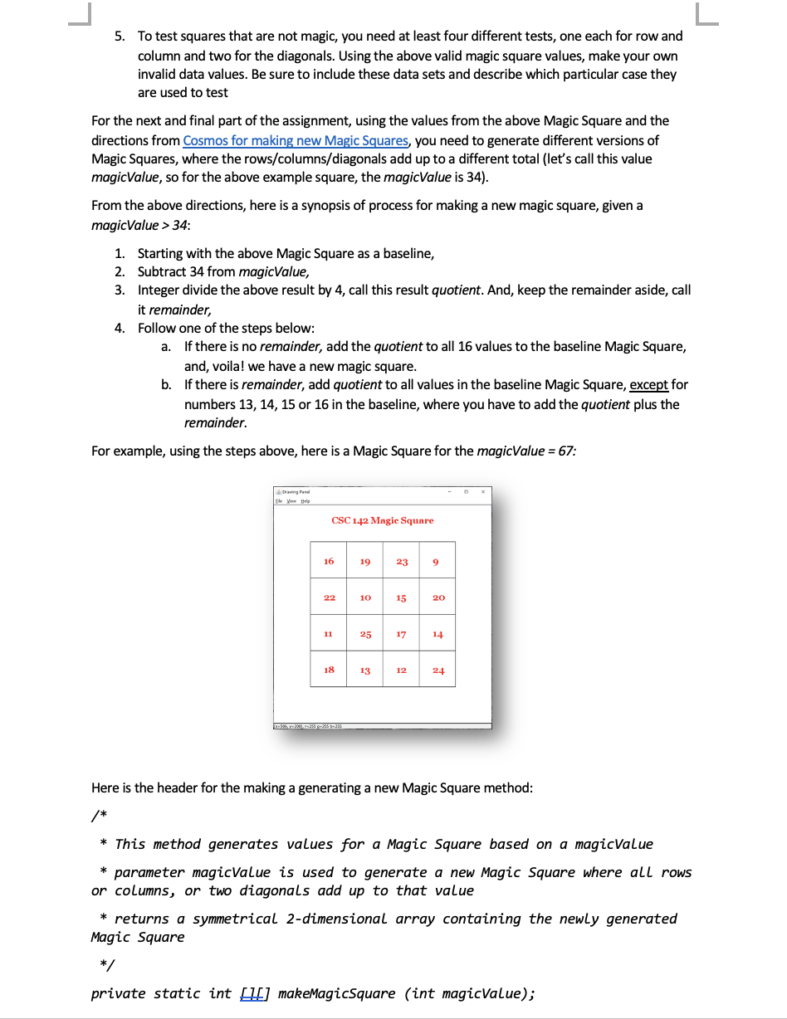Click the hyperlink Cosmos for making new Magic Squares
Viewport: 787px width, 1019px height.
pos(296,140)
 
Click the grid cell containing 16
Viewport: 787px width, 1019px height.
pos(329,561)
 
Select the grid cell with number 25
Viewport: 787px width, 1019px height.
pos(365,634)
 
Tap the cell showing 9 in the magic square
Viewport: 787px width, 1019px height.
pos(437,562)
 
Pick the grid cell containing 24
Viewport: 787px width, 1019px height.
pos(438,670)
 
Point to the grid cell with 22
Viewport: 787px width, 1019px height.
pos(329,597)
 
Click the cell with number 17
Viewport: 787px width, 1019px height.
pos(401,634)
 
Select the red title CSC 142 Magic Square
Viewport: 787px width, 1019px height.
pos(382,520)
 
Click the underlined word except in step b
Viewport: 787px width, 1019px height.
pos(649,385)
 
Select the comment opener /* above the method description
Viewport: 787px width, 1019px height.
pos(99,817)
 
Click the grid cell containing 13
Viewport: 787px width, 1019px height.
pos(365,670)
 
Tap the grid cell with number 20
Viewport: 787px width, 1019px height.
pos(438,597)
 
